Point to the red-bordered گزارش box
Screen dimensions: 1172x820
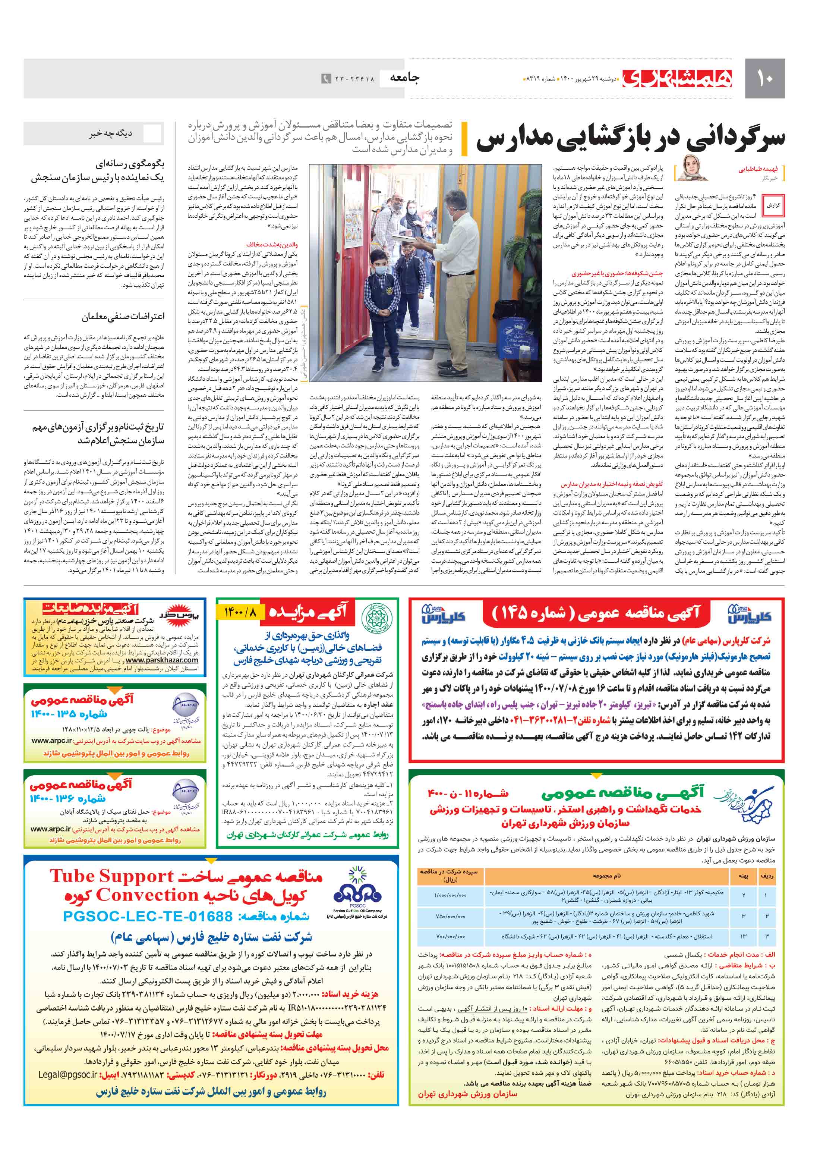773,205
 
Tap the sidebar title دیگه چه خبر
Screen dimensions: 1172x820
111,134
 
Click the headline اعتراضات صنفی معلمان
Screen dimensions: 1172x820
123,317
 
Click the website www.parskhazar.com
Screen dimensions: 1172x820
162,660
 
